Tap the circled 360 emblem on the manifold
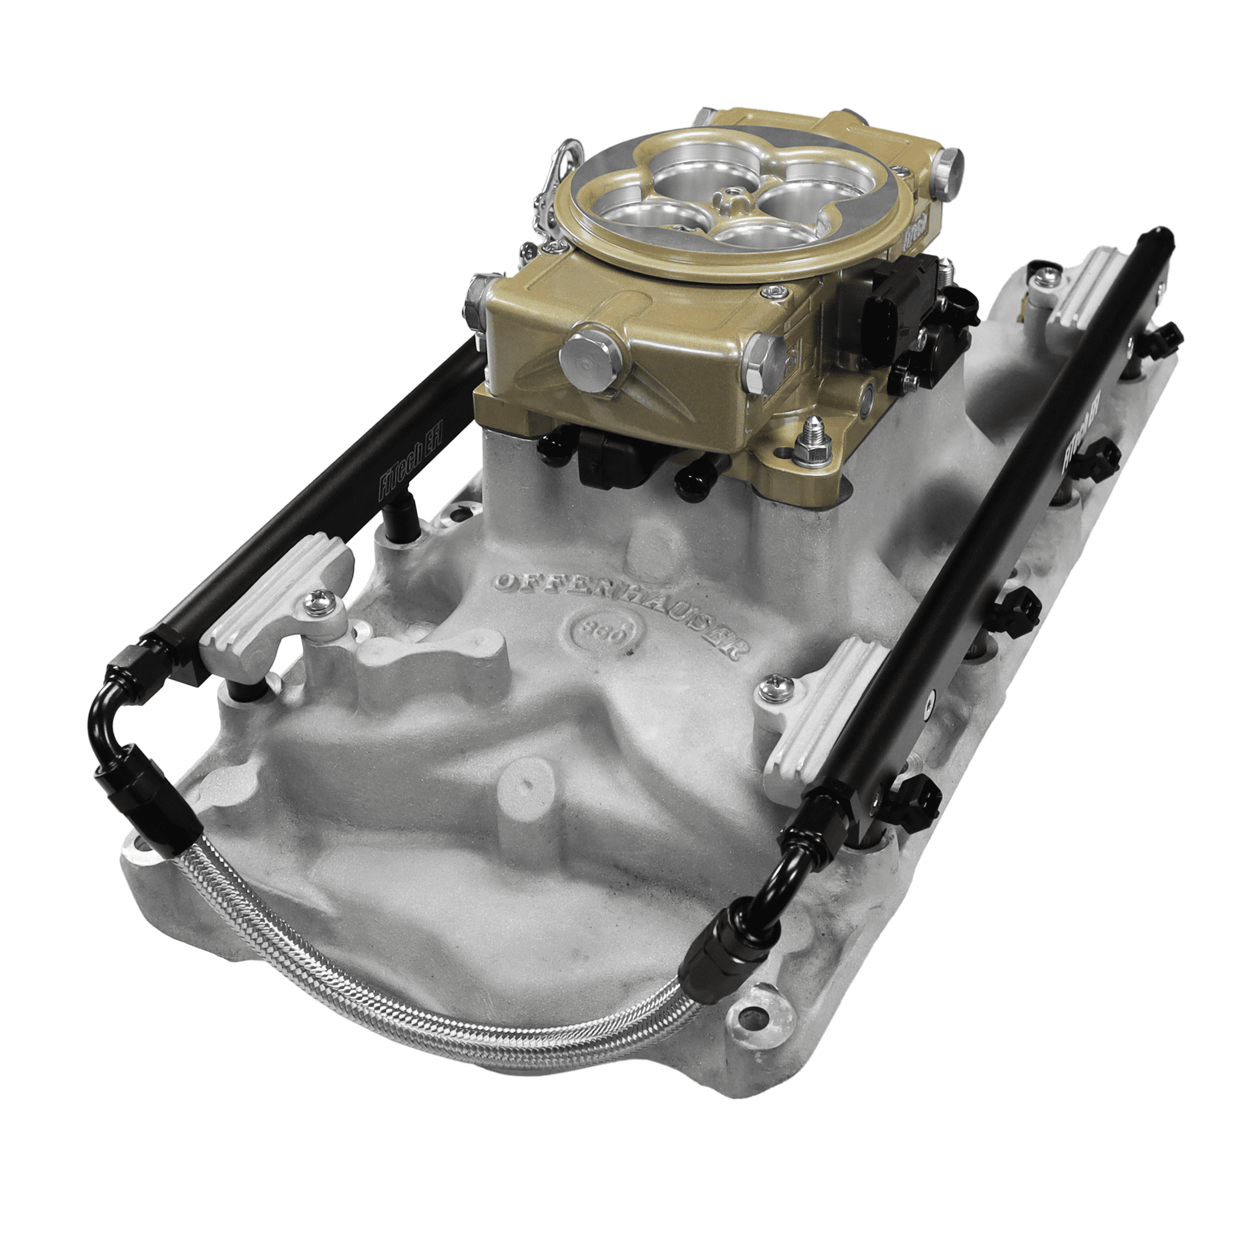[603, 630]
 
